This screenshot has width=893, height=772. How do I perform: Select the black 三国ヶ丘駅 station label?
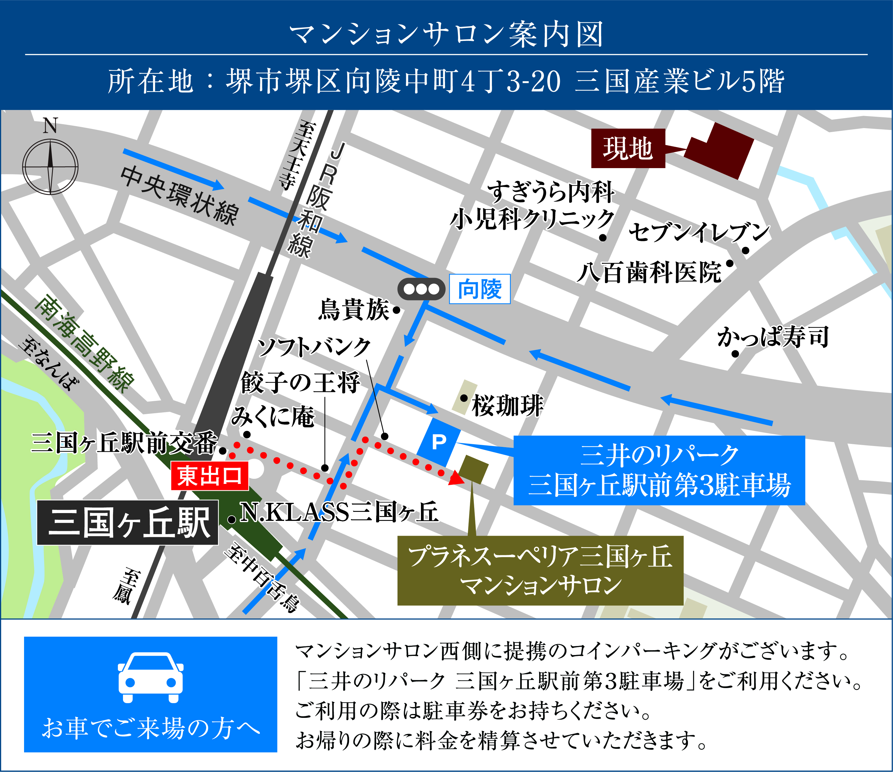click(x=128, y=522)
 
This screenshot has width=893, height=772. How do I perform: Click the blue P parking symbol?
click(x=439, y=442)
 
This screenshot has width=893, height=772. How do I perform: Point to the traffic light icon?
click(x=421, y=289)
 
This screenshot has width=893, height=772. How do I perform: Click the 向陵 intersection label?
click(x=480, y=289)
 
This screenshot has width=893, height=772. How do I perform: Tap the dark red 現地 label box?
click(x=628, y=148)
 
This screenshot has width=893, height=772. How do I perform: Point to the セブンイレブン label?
click(x=699, y=232)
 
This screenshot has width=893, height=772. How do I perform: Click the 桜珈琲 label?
click(x=508, y=406)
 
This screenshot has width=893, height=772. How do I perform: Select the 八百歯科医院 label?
click(x=649, y=272)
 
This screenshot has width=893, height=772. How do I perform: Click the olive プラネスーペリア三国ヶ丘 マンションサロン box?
click(x=540, y=570)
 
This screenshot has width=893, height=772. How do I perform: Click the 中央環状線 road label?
click(x=179, y=195)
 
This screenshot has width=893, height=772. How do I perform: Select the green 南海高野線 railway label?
click(x=84, y=343)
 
